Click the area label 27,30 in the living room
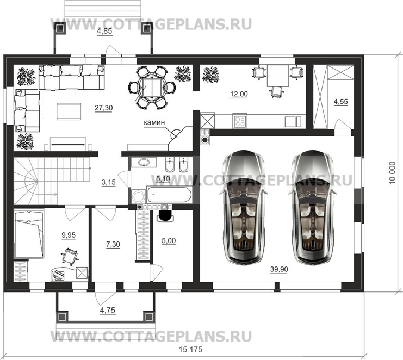[103, 108]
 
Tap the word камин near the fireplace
[154, 122]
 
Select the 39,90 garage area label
[279, 269]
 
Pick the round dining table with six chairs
[152, 88]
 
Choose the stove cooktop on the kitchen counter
[240, 121]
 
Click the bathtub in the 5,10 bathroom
[169, 195]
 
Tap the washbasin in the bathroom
[144, 163]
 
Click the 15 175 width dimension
[191, 350]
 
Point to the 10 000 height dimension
[392, 173]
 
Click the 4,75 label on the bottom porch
[108, 311]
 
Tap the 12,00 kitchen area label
[239, 94]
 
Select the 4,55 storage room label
[341, 102]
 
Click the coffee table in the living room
[69, 111]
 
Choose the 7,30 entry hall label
[113, 244]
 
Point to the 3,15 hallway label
[109, 182]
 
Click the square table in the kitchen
[278, 76]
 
